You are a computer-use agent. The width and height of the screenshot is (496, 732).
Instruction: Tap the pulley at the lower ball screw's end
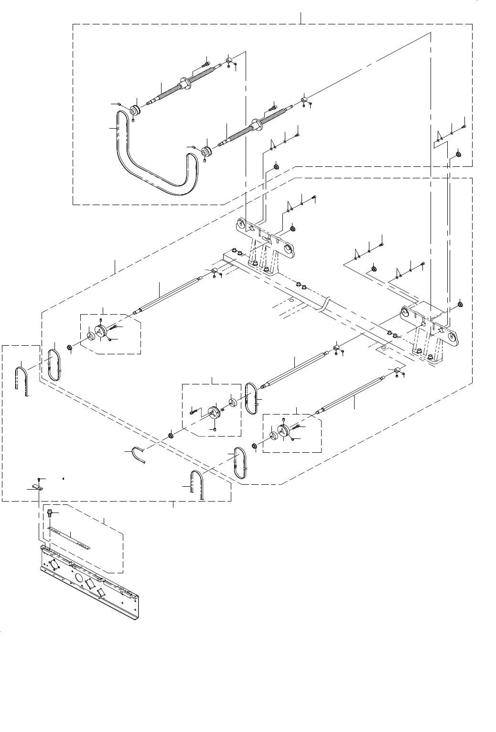[x=207, y=153]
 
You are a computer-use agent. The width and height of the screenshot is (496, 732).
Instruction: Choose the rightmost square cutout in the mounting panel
[x=102, y=592]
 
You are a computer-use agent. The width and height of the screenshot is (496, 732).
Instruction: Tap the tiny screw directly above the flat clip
[x=40, y=479]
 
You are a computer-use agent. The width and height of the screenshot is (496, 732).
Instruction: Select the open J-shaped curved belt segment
[x=138, y=454]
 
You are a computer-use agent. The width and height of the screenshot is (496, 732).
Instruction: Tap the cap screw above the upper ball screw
[x=205, y=63]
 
